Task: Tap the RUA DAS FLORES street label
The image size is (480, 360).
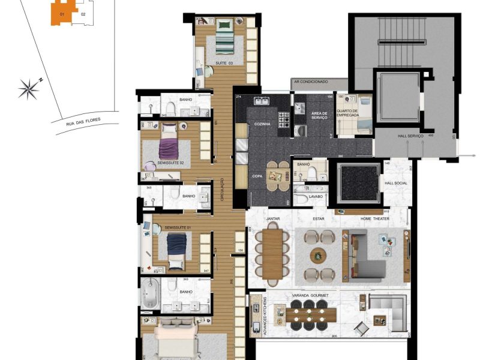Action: [x=83, y=122]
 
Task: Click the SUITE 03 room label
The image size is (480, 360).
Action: [x=224, y=62]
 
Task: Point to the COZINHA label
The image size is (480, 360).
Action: [x=262, y=124]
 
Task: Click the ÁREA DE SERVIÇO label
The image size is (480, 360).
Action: [x=319, y=116]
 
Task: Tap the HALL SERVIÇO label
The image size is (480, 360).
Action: [x=410, y=137]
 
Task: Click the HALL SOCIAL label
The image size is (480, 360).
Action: [x=395, y=184]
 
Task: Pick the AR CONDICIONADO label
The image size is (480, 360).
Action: [x=310, y=81]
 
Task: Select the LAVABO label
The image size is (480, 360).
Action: [x=315, y=196]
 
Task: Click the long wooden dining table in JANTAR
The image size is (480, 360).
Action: [x=272, y=255]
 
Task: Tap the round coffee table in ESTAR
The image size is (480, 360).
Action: [x=319, y=255]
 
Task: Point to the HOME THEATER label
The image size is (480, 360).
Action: [x=374, y=218]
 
